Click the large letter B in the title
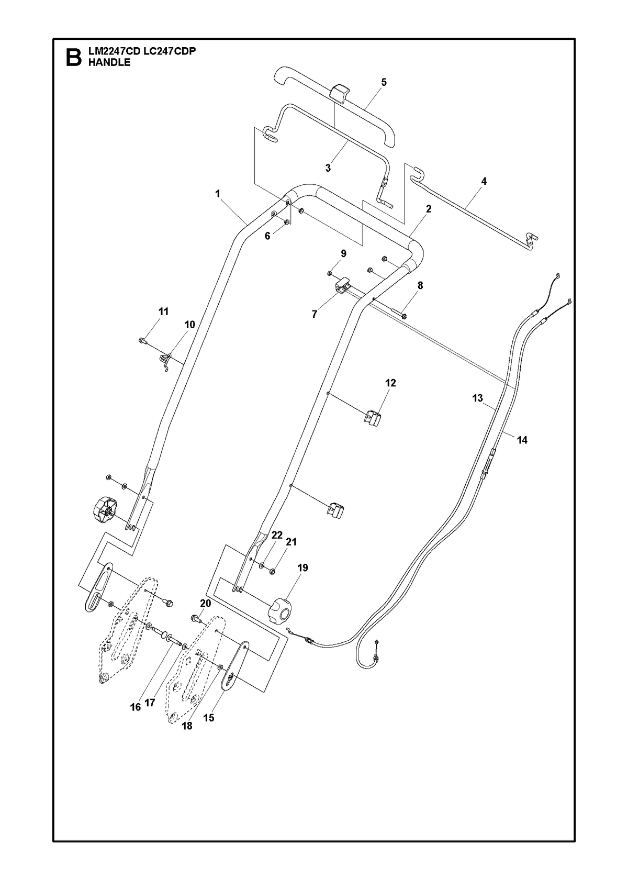tap(74, 58)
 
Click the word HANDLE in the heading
tap(109, 62)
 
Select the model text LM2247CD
tap(114, 51)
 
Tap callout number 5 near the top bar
tap(384, 82)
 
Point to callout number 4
tap(484, 181)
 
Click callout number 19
tap(302, 567)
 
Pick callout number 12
tap(390, 382)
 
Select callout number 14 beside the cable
tap(522, 440)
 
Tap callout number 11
tap(163, 311)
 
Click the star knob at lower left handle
tap(105, 509)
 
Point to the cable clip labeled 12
tap(373, 417)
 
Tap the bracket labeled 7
tap(342, 285)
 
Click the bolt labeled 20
tap(197, 630)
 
